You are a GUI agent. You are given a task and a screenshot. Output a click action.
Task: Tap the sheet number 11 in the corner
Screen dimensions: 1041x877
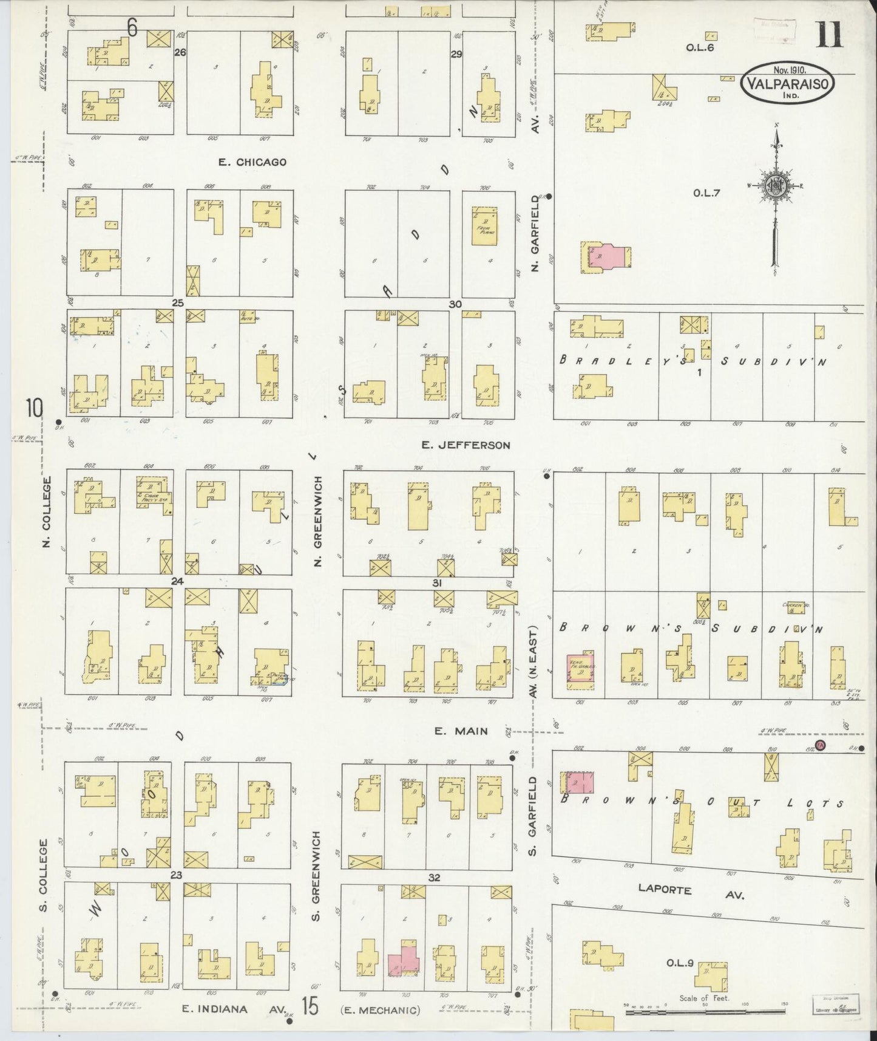[830, 34]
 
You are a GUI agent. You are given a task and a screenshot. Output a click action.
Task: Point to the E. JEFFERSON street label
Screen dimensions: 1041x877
[466, 445]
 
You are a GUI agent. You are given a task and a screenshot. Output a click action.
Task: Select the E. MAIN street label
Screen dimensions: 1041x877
[462, 731]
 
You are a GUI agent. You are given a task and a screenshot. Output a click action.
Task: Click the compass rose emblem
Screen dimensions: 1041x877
[776, 186]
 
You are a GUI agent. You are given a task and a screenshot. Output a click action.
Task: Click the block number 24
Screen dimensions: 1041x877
[177, 581]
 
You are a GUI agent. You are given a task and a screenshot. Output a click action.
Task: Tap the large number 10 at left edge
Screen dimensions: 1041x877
[34, 408]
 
